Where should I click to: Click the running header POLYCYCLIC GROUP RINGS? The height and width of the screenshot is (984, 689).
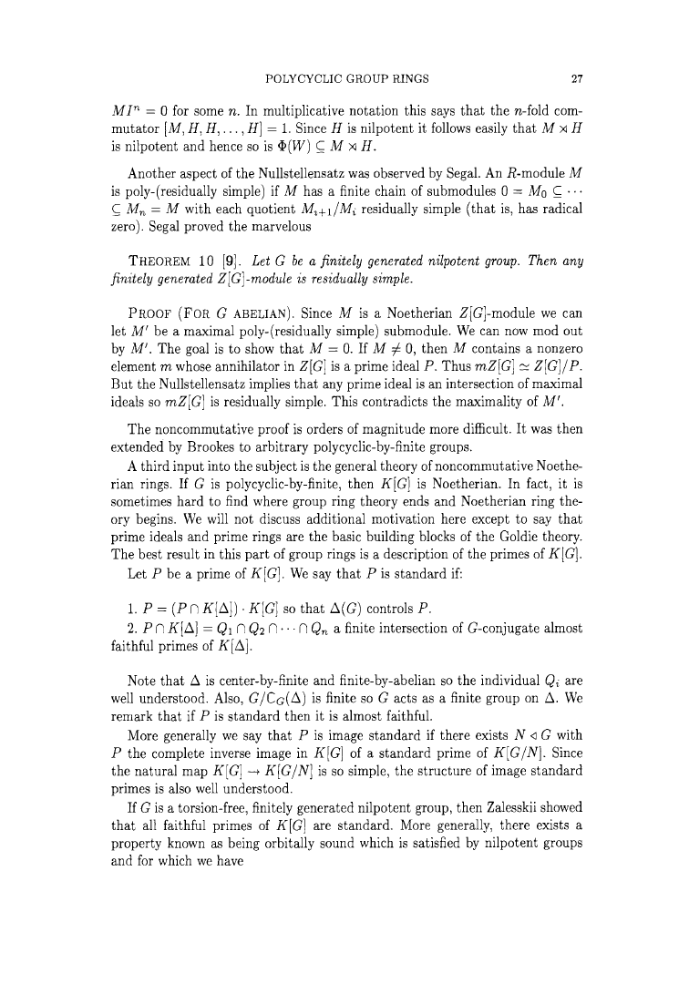click(344, 77)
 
